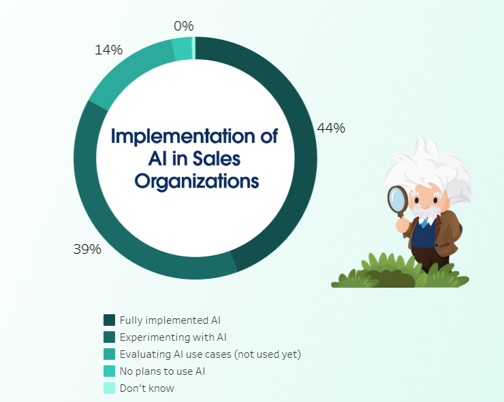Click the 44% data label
tap(331, 128)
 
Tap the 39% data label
tap(87, 249)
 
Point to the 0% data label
tap(184, 26)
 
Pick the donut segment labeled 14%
tap(129, 68)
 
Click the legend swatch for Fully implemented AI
tap(109, 320)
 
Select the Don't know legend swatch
tap(109, 388)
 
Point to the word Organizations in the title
tap(196, 182)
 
